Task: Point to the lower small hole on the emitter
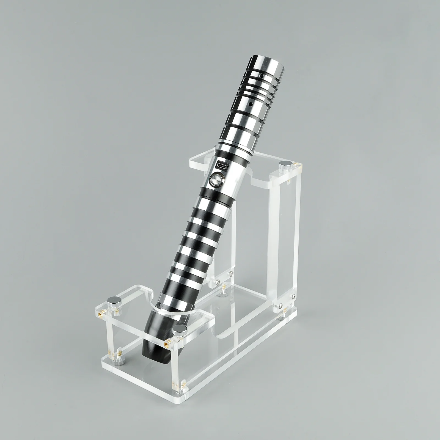(251, 104)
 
